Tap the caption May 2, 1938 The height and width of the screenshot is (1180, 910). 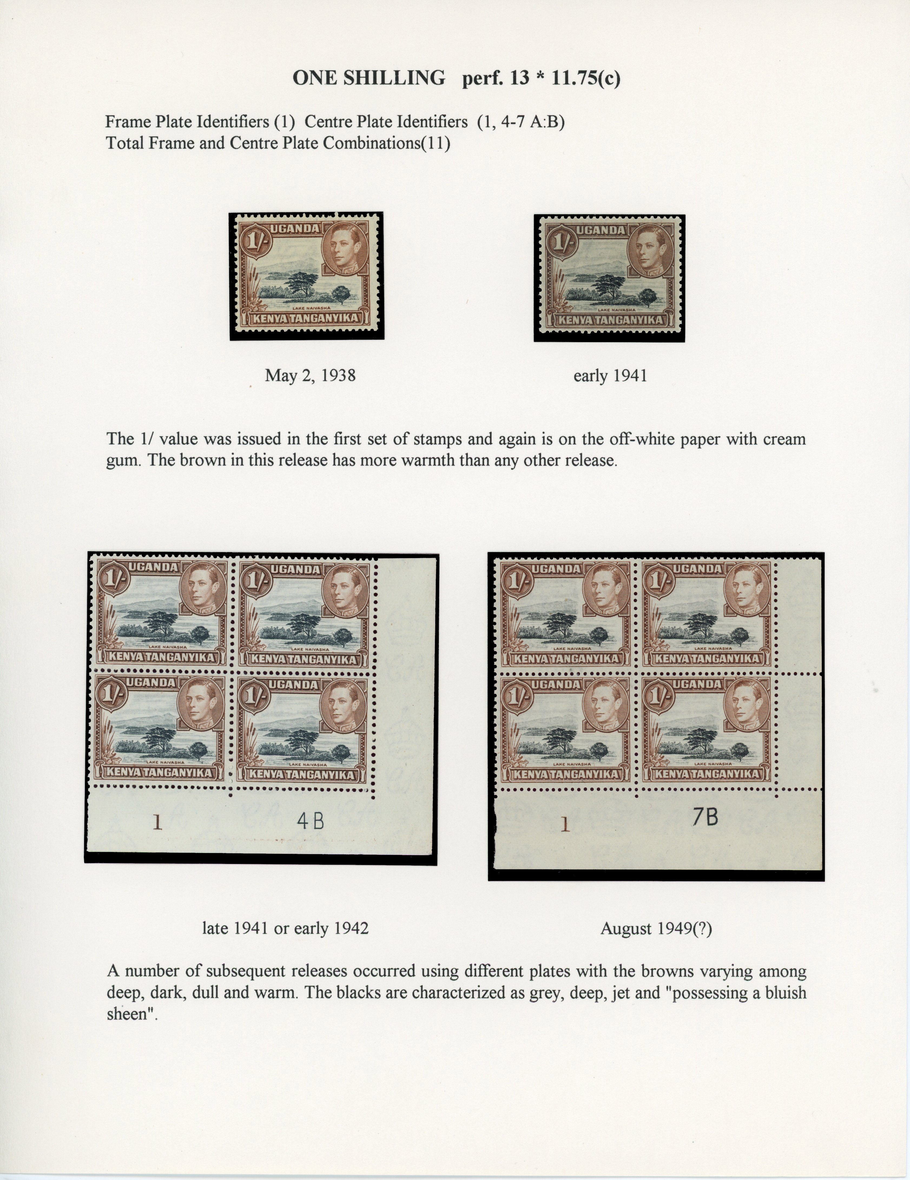pyautogui.click(x=310, y=375)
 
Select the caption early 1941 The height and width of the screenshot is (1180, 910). pyautogui.click(x=610, y=375)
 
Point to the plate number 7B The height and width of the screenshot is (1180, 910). pyautogui.click(x=705, y=817)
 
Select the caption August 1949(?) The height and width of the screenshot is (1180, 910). pyautogui.click(x=656, y=929)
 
